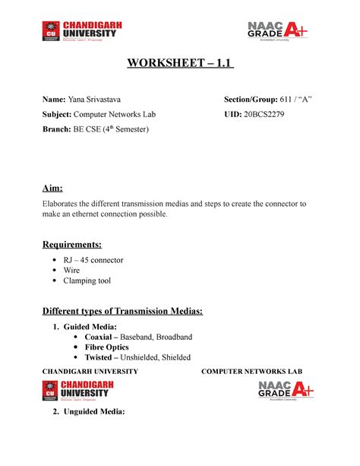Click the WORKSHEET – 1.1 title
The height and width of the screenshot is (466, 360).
tap(179, 62)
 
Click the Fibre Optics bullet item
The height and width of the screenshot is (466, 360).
tap(112, 347)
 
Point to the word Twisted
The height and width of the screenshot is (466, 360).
tap(103, 357)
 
